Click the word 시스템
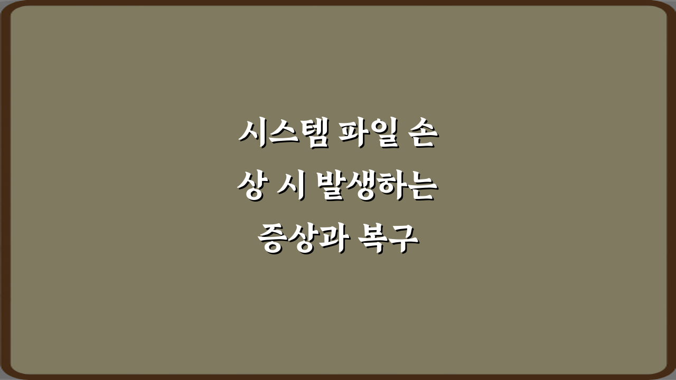[281, 135]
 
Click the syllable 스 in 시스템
[280, 135]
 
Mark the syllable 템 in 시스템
[309, 135]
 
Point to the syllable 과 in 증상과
[330, 240]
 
